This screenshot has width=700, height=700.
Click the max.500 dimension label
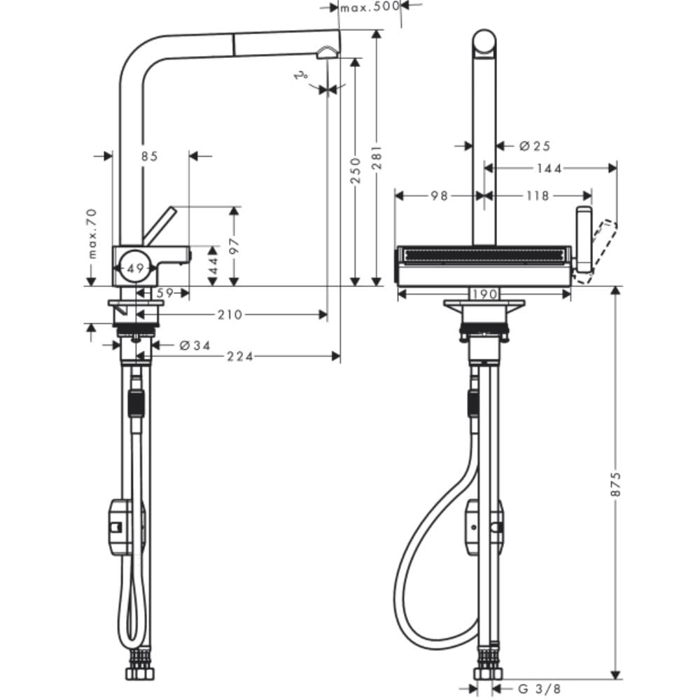[369, 7]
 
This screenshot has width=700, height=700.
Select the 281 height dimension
[377, 158]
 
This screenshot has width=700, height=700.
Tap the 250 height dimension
[355, 170]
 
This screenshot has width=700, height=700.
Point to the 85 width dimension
[149, 156]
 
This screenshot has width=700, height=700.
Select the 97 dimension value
[234, 245]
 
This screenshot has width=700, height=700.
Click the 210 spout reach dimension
[229, 315]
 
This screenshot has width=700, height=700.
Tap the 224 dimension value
[240, 357]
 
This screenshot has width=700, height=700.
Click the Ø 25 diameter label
[535, 146]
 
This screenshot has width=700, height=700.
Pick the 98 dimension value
[439, 197]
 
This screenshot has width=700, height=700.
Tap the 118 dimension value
[537, 197]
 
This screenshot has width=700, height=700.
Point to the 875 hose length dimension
[615, 483]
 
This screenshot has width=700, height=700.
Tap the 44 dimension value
[212, 267]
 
